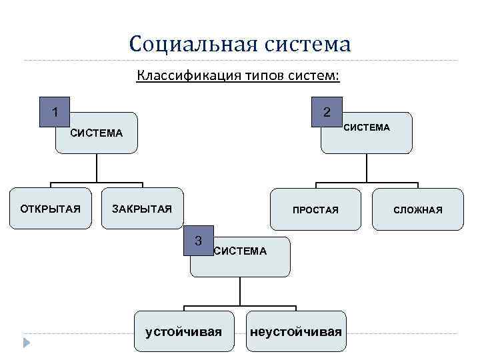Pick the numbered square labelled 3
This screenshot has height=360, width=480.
click(197, 241)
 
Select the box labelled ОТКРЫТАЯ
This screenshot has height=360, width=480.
click(51, 209)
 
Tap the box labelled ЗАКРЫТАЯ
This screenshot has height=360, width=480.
click(142, 209)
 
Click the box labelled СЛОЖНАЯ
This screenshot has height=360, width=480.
click(418, 210)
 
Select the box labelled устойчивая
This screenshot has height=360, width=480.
click(183, 331)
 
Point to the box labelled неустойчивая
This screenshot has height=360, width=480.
click(296, 331)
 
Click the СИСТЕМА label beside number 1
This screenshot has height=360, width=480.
click(97, 133)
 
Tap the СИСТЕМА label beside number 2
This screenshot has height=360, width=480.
click(367, 127)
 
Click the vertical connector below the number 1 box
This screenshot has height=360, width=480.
click(97, 168)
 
